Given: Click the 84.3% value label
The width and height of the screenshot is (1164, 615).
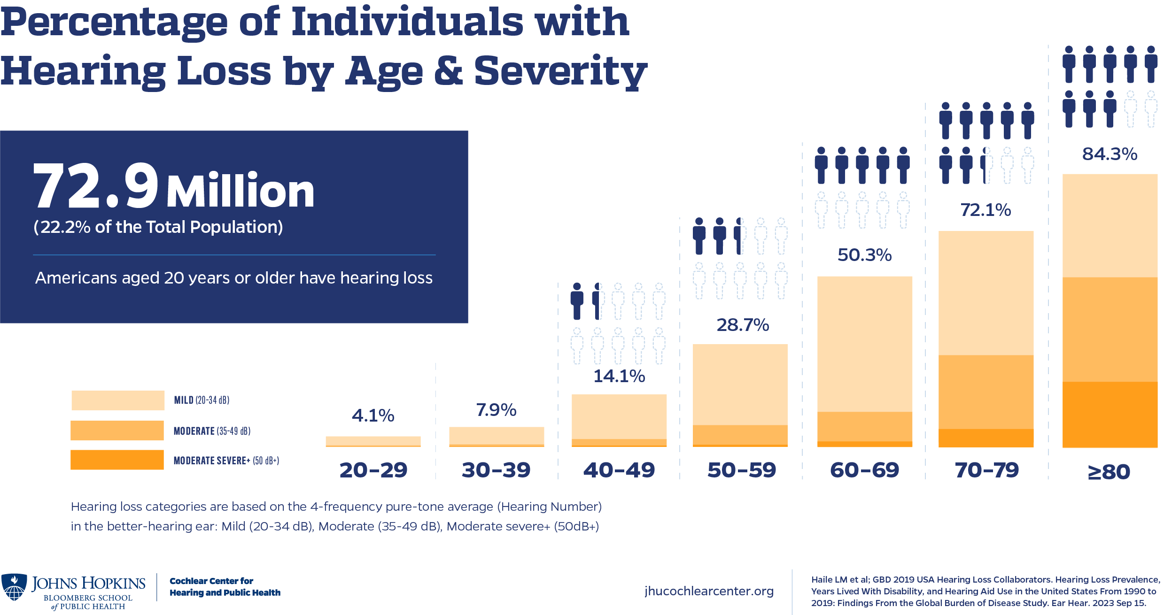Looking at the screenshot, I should point(1110,154).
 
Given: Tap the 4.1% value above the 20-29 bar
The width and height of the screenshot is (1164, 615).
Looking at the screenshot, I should point(373,415).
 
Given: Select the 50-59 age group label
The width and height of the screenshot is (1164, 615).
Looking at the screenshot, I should point(742,470).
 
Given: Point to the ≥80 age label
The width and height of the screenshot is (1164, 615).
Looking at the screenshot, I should point(1109,472).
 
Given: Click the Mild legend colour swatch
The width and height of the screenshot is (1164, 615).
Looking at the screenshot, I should point(118,400).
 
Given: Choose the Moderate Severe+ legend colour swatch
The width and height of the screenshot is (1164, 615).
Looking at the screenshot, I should point(117,460).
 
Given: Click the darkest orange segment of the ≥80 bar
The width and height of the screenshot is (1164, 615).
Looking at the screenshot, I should point(1110,415).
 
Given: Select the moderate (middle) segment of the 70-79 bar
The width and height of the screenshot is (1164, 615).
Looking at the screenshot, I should point(986,392).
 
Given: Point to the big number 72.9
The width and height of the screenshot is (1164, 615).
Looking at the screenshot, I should point(96,186).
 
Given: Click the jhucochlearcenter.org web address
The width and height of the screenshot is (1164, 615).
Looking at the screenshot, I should point(709,591).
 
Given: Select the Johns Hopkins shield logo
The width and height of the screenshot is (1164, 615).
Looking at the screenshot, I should point(14,587).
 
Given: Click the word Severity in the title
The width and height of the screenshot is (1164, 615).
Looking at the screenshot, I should point(560,71).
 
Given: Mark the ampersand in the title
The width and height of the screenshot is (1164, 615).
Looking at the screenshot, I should point(448,71).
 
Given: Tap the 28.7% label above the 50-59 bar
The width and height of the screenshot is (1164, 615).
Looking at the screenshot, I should point(743,325).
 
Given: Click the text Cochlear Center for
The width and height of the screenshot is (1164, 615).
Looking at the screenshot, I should point(211,581).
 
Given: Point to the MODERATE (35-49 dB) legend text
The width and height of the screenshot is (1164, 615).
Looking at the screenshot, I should point(212,431).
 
